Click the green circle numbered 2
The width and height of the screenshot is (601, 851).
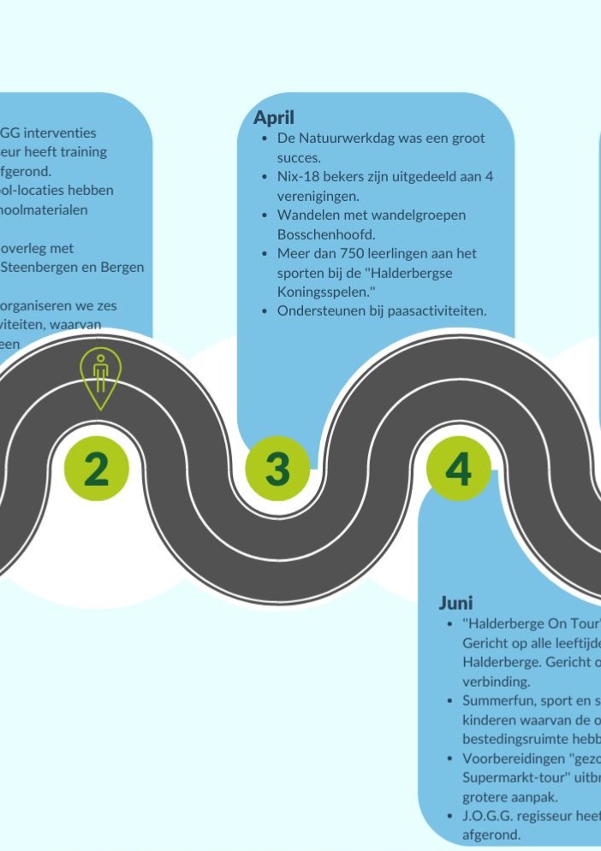(97, 469)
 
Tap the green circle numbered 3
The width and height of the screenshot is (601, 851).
(277, 469)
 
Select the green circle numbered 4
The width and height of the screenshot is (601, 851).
(458, 469)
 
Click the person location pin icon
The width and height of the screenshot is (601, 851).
(100, 377)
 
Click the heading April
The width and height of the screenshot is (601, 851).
(274, 118)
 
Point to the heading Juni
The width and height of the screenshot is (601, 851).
(455, 603)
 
